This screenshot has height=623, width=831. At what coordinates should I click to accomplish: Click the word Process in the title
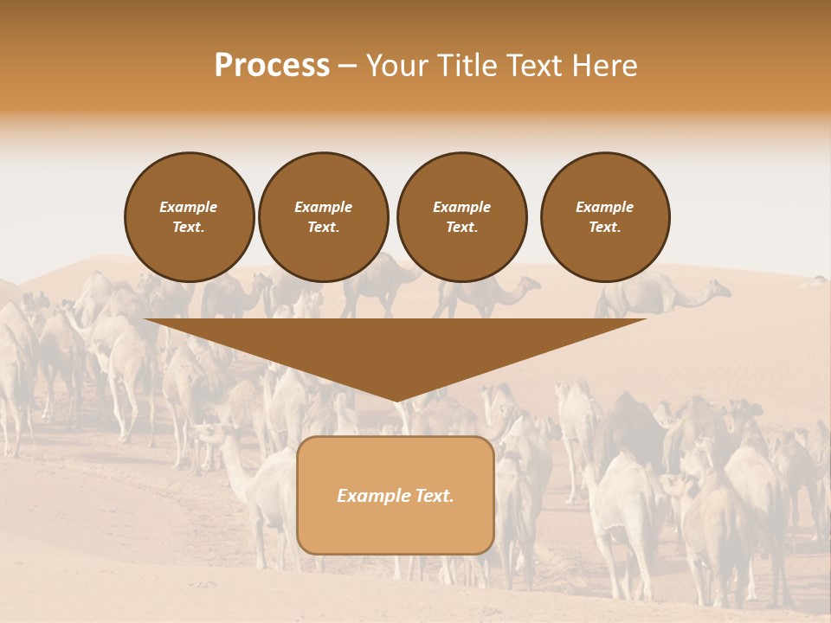click(x=272, y=66)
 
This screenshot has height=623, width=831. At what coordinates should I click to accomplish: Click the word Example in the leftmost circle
click(x=189, y=207)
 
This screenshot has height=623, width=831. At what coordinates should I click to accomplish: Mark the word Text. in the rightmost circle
click(x=604, y=227)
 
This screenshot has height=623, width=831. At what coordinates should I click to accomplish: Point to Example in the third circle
click(x=461, y=207)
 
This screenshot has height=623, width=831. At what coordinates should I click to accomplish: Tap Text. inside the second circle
click(x=323, y=227)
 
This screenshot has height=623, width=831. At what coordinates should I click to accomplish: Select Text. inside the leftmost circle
click(x=189, y=227)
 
